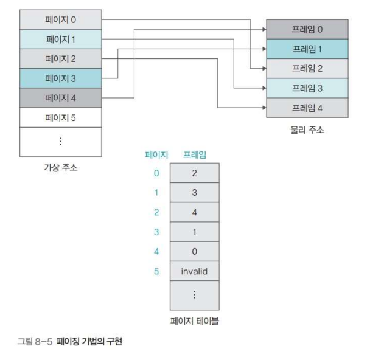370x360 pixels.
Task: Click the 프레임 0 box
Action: pos(307,29)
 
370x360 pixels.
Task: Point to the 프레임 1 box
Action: pos(307,48)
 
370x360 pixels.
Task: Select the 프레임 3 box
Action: pos(307,88)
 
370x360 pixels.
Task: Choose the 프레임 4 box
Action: pos(307,108)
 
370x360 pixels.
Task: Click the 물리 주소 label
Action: pos(307,130)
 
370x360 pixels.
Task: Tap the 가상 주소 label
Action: pos(60,167)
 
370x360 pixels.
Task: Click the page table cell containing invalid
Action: pos(194,271)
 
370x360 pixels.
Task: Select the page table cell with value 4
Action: pos(194,212)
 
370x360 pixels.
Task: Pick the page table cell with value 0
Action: pos(194,251)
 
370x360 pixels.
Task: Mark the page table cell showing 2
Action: pos(194,173)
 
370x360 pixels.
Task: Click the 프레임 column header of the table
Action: pos(194,155)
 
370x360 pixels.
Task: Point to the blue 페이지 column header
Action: pos(156,155)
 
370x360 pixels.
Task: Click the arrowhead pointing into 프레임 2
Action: pos(264,69)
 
